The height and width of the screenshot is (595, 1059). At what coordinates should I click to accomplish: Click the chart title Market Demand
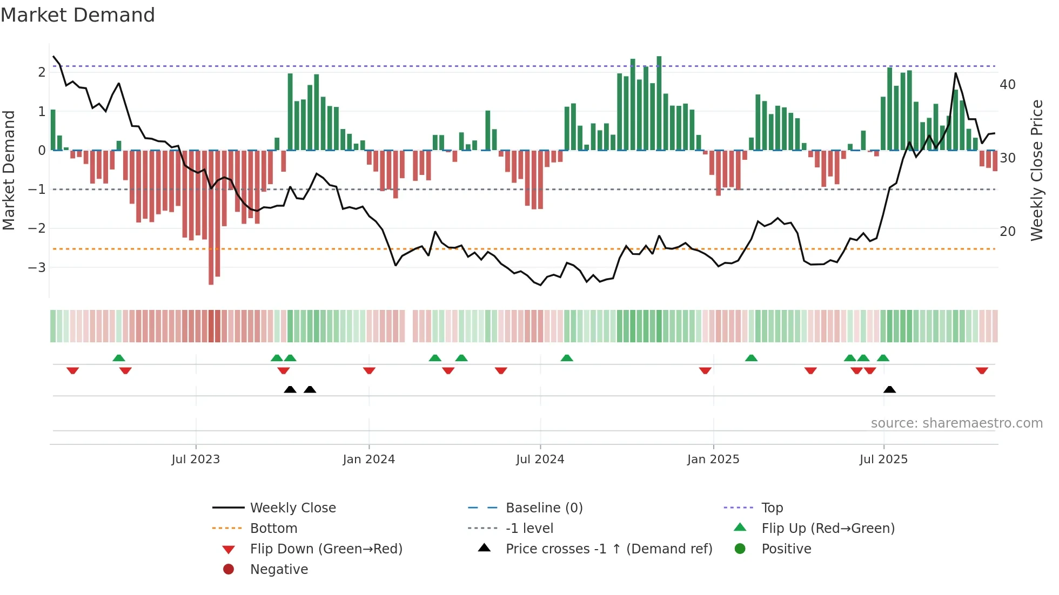coord(78,15)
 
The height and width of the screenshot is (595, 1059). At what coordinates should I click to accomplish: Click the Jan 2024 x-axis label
coord(369,459)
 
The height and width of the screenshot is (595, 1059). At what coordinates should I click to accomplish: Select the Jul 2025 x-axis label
coord(883,459)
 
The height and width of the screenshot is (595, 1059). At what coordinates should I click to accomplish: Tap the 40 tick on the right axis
coord(1007,85)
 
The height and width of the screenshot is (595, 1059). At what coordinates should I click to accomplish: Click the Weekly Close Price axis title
coord(1036,170)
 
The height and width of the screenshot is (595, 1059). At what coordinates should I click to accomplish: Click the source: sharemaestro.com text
coord(956,423)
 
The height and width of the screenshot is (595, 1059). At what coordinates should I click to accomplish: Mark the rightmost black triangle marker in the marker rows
coord(889,389)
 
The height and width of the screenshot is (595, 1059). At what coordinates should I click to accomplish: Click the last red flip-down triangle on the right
coord(982,371)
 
